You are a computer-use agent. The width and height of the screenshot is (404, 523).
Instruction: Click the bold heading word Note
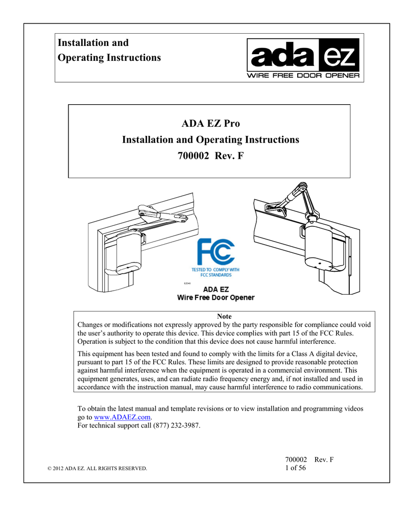click(224, 317)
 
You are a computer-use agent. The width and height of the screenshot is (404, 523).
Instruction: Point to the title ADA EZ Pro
click(210, 124)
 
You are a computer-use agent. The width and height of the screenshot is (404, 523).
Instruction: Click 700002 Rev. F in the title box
click(210, 155)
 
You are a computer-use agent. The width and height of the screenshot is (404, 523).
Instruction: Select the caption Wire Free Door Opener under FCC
click(216, 297)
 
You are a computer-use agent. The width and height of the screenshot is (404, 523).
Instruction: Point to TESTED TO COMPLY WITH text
click(216, 269)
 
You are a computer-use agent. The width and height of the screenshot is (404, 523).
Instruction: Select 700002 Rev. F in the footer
click(309, 460)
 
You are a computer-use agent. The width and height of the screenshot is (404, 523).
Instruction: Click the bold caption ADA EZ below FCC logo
click(216, 289)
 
